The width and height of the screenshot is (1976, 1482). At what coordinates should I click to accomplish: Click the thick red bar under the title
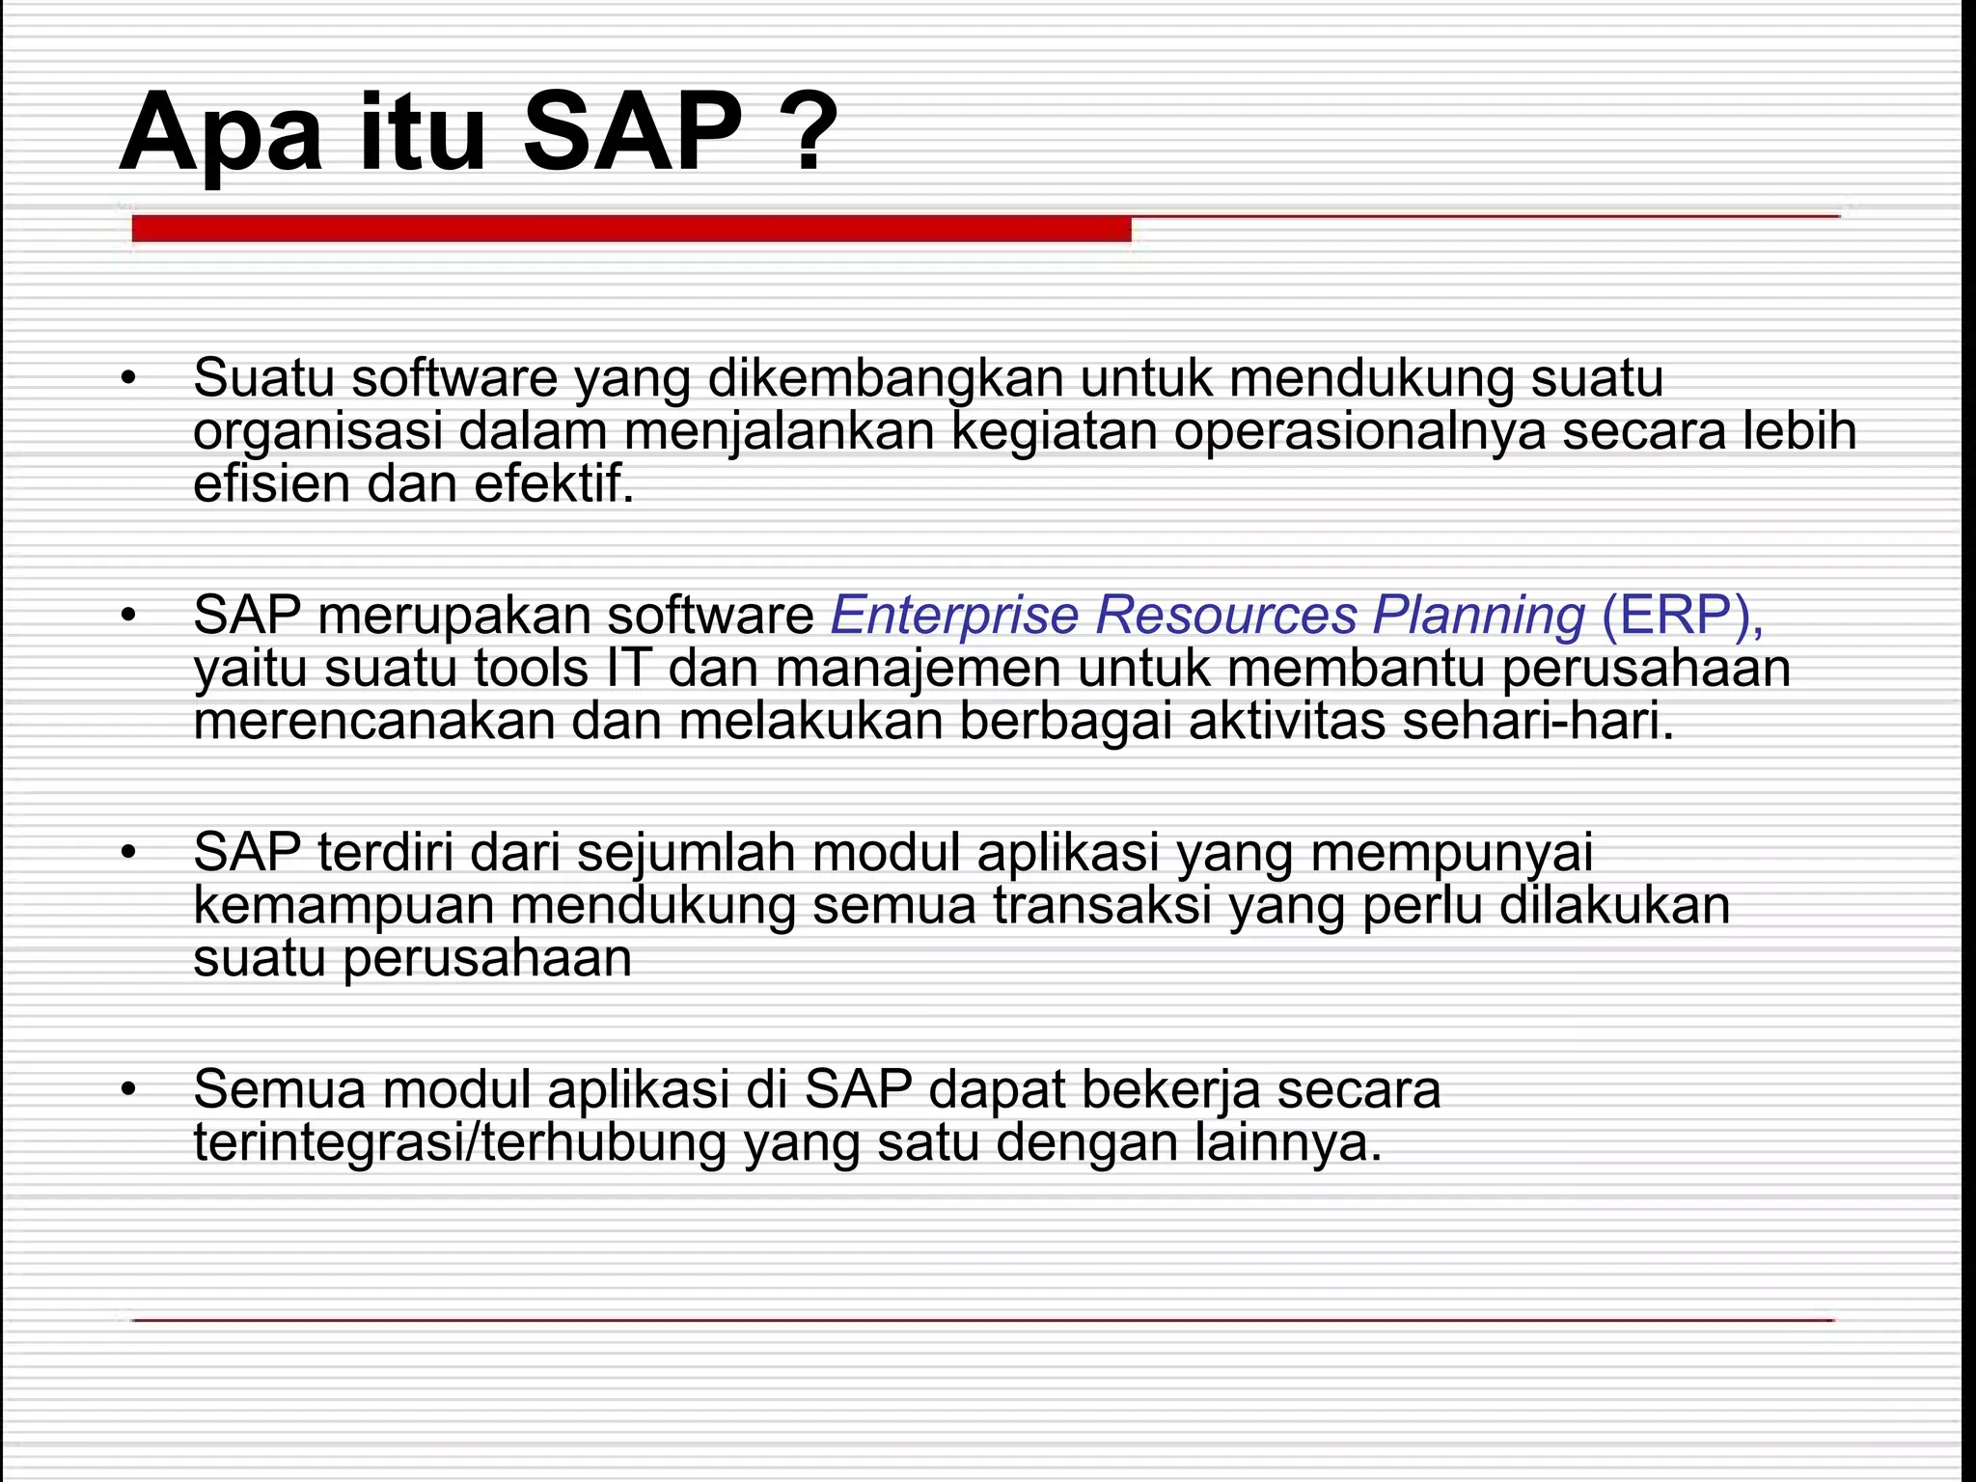(x=631, y=230)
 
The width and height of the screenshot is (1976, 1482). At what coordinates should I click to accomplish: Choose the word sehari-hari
(x=1538, y=721)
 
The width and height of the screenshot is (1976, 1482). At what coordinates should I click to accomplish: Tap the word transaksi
(x=1102, y=905)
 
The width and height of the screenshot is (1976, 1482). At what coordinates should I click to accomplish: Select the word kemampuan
(x=343, y=905)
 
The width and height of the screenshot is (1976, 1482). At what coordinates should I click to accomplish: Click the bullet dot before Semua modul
(x=129, y=1090)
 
